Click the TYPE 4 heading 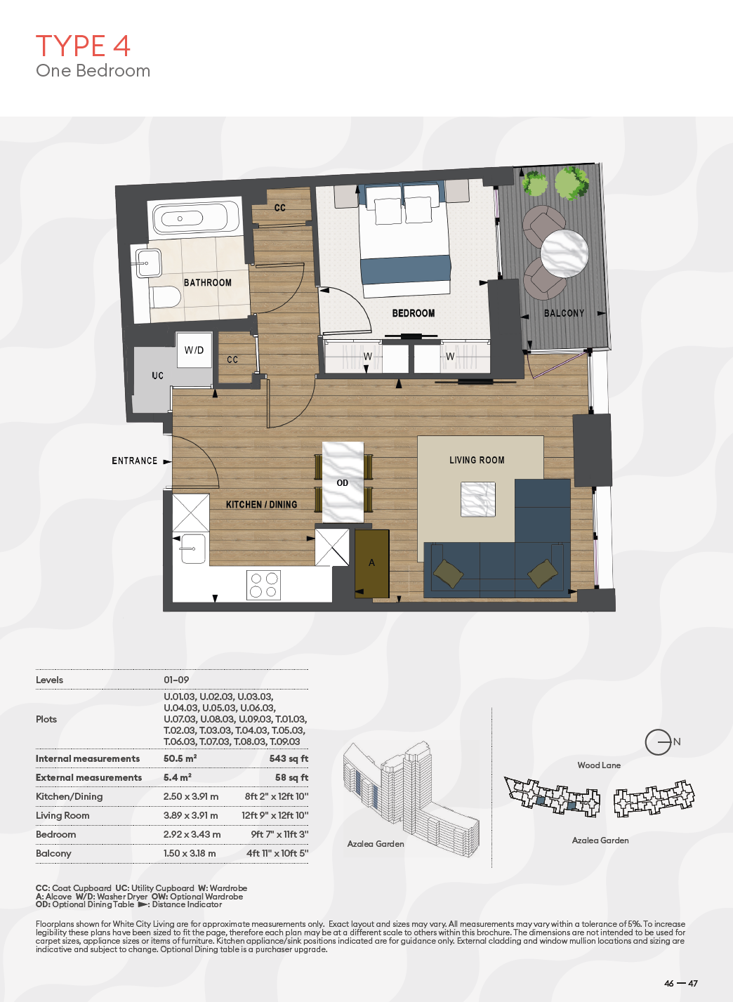click(x=83, y=46)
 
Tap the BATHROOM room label click(x=208, y=283)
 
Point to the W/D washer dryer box click(x=194, y=350)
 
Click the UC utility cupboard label click(x=157, y=376)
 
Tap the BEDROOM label click(x=414, y=313)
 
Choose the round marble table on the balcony click(x=564, y=253)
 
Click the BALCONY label click(x=564, y=313)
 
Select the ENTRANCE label click(x=134, y=461)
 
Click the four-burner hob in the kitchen click(x=263, y=585)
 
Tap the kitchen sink click(x=193, y=549)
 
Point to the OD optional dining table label click(x=342, y=483)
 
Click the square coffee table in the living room click(x=478, y=499)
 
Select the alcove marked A click(x=371, y=563)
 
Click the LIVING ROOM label click(x=477, y=460)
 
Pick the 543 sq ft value click(x=289, y=758)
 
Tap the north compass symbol click(x=658, y=741)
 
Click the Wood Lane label click(x=599, y=765)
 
